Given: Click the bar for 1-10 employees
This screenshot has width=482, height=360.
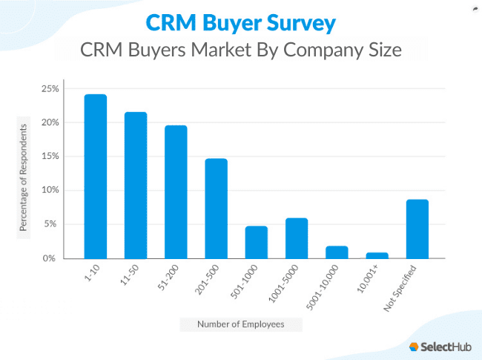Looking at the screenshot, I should (96, 177).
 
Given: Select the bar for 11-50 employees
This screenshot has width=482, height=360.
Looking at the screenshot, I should (136, 186).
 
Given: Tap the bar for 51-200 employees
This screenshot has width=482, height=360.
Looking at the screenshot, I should (176, 192).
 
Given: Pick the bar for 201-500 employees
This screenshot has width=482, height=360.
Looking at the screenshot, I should (216, 209).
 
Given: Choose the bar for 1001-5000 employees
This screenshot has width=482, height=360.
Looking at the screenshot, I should (296, 238).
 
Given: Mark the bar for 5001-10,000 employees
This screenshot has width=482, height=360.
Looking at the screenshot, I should (337, 252).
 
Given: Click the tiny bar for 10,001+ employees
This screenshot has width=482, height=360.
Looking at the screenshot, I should (377, 255).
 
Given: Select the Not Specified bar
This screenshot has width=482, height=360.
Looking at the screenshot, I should (417, 229).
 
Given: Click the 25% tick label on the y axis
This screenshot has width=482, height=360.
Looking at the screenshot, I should (50, 88).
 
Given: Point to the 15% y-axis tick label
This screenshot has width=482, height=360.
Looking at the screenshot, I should (50, 156).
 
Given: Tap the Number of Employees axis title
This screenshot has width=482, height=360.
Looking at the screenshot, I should (241, 324).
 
